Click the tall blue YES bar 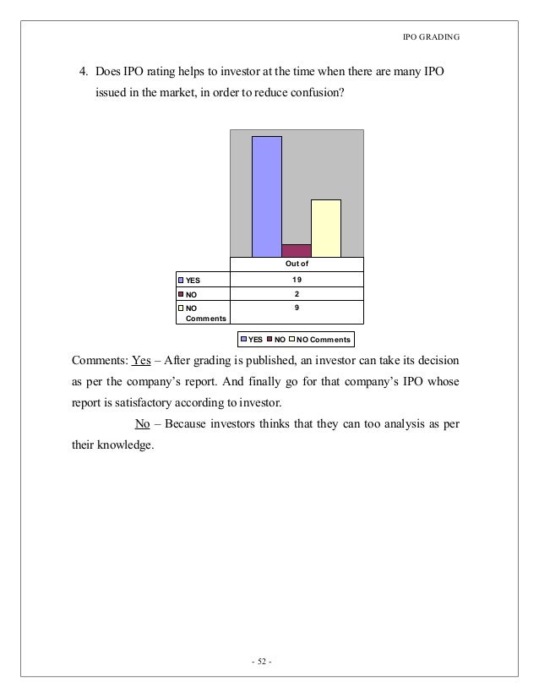[x=266, y=196]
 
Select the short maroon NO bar [x=296, y=250]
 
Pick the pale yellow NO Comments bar [x=325, y=228]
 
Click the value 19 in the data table [x=297, y=280]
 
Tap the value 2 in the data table [x=297, y=295]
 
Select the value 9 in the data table [x=297, y=309]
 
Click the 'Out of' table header [x=297, y=264]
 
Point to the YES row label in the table [x=194, y=280]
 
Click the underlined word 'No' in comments [x=142, y=423]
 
